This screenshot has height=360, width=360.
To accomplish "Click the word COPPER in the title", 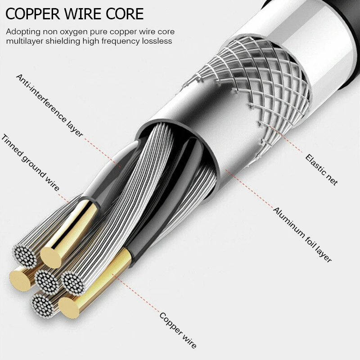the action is pos(32,14).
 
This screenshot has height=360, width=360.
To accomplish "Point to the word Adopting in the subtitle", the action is pos(23,32).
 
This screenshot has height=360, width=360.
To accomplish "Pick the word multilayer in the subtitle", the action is pos(25,41).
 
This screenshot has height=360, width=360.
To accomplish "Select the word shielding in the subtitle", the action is pos(63,41).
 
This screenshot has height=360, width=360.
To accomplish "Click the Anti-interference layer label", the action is pos(49,106).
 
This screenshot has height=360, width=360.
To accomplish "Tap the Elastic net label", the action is pos(321,170).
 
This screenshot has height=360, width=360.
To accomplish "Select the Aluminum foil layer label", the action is pos(302,235).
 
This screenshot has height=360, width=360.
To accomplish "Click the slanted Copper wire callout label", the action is pos(178,330).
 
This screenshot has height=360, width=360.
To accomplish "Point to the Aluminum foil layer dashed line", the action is pos(250,189).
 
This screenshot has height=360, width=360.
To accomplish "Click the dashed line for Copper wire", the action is pos(136,293).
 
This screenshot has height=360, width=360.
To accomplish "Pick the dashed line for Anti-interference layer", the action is pos(103,153).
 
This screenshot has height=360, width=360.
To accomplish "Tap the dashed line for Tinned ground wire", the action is pos(63,198).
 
